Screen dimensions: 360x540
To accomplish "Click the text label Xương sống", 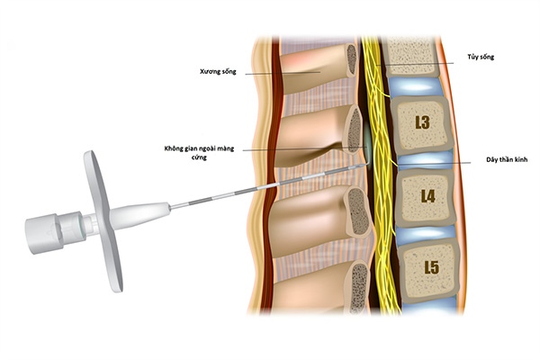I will click(219, 70).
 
